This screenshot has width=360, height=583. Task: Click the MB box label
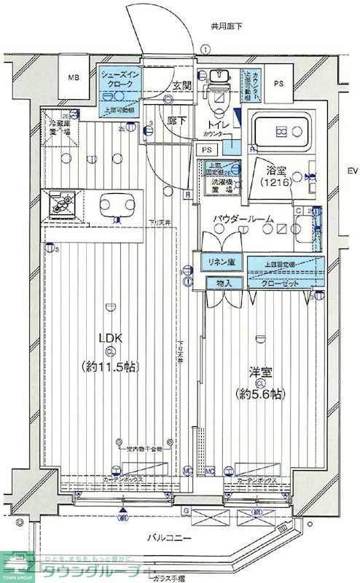74,77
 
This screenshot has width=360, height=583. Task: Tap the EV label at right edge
351,171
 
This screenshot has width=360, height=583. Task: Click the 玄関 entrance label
181,86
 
